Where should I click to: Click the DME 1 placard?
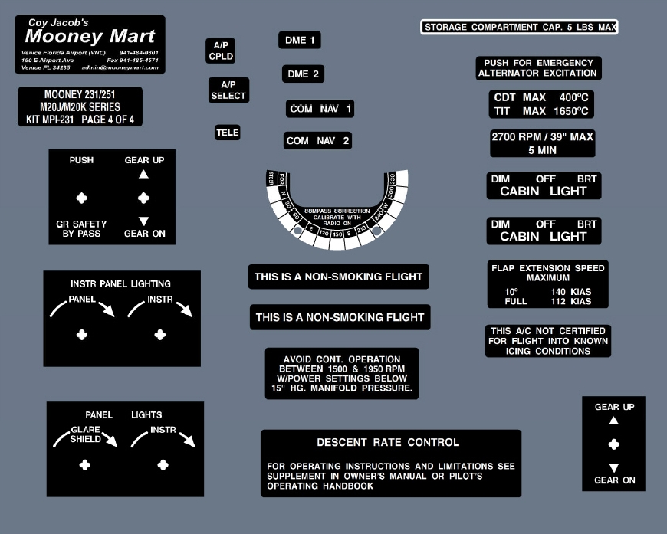(300, 41)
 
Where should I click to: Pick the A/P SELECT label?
(228, 90)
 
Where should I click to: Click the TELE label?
(228, 133)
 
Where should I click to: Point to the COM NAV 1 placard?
(320, 109)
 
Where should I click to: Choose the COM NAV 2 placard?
(318, 141)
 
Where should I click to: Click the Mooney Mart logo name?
(90, 37)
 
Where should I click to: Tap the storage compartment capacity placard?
(520, 28)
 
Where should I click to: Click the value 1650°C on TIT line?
(571, 112)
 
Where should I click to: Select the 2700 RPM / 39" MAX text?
(542, 137)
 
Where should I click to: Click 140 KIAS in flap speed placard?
(570, 292)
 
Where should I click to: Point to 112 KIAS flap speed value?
(570, 302)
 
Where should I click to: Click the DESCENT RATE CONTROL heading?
(388, 443)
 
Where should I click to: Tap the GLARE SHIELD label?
(86, 435)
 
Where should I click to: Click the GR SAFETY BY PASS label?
(82, 229)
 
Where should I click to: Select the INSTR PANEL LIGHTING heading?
(120, 283)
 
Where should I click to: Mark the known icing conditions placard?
(548, 341)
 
